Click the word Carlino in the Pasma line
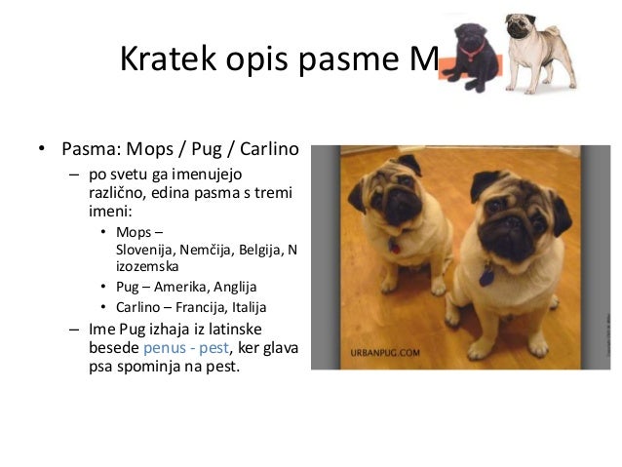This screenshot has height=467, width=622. point(269,152)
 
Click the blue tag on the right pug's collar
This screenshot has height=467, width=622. point(486,277)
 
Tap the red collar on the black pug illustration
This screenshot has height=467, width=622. point(475,47)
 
